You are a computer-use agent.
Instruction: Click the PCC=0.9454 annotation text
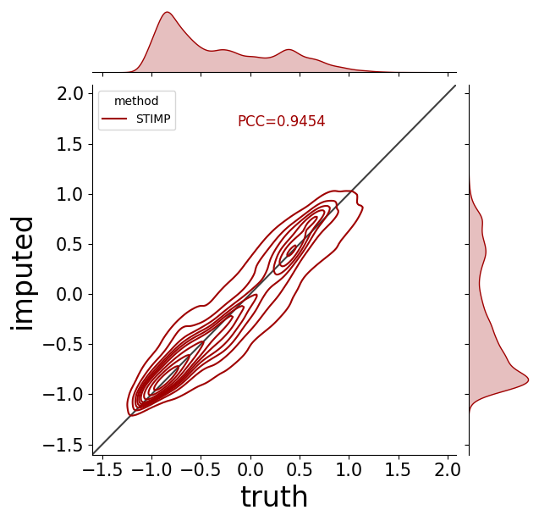[281, 121]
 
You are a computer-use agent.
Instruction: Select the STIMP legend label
[153, 119]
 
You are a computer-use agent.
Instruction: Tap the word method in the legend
[136, 101]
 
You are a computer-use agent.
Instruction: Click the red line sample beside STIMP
[114, 119]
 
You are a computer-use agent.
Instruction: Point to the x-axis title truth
[274, 496]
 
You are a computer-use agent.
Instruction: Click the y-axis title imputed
[22, 274]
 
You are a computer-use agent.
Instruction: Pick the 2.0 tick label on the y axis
[69, 94]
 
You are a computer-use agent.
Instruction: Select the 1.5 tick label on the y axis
[69, 145]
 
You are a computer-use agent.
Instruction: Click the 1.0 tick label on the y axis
[69, 195]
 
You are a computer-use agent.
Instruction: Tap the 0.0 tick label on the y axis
[69, 295]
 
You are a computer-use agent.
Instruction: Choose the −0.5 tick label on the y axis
[63, 345]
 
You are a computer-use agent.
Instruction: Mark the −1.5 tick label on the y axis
[63, 446]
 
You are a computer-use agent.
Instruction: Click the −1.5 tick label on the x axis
[102, 469]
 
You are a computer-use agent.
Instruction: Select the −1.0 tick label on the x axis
[152, 469]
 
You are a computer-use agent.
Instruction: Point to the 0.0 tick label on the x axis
[250, 469]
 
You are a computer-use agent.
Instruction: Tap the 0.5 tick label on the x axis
[300, 469]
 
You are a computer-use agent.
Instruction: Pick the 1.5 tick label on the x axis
[398, 469]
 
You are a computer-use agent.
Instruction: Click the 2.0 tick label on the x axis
[448, 469]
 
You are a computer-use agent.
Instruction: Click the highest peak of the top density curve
[168, 12]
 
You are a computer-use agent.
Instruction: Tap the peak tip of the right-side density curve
[528, 380]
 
